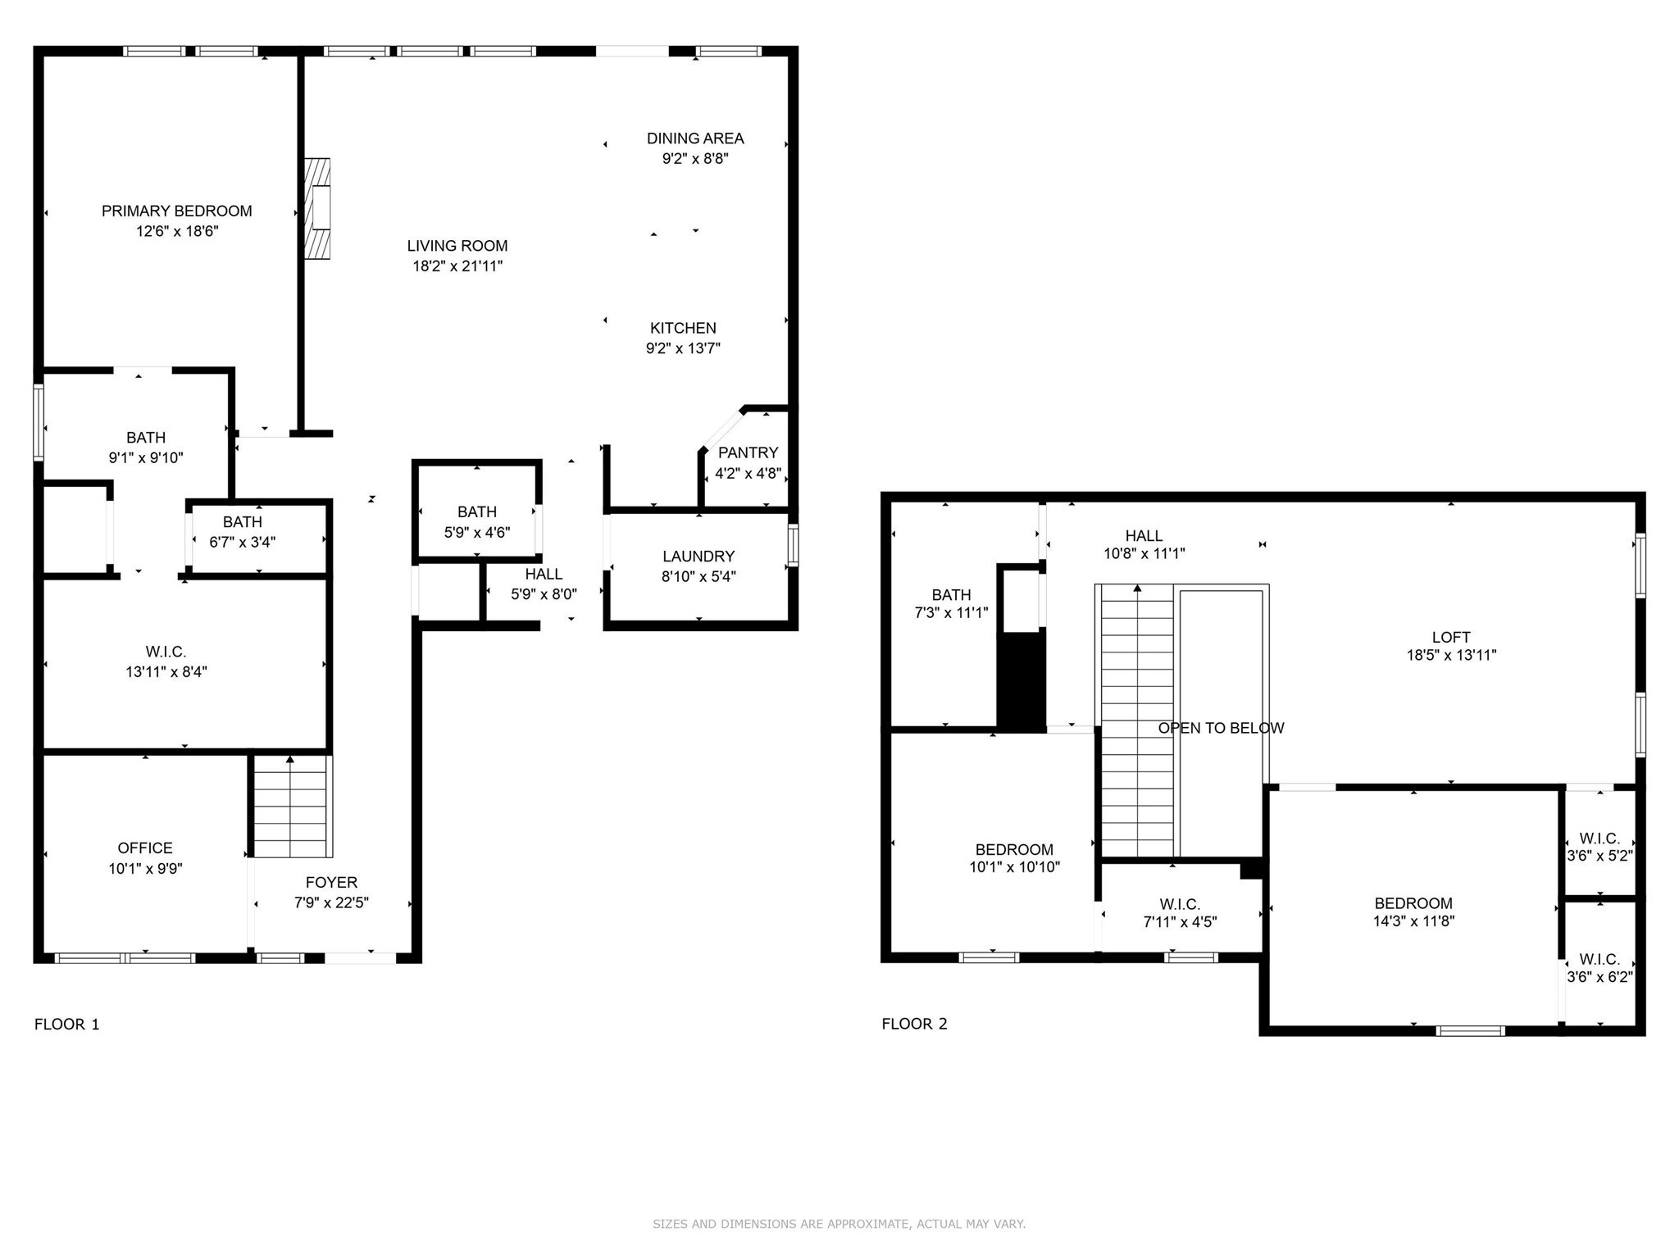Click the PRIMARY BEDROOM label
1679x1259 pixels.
tap(176, 211)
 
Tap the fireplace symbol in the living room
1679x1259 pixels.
tap(317, 209)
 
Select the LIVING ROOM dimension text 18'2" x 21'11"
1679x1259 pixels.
tap(457, 266)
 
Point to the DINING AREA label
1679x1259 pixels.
tap(695, 139)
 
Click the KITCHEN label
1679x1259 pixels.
tap(683, 328)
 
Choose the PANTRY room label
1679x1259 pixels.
tap(748, 452)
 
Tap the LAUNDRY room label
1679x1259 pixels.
tap(698, 557)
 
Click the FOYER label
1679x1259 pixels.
tap(331, 882)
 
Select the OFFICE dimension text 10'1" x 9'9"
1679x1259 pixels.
tap(145, 868)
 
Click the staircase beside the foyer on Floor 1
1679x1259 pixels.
tap(290, 806)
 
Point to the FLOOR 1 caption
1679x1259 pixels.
tap(66, 1024)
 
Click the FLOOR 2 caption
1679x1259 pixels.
tap(914, 1024)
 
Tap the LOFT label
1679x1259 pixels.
tap(1451, 637)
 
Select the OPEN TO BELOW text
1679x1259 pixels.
tap(1221, 728)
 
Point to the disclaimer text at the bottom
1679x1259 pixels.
tap(839, 1224)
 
